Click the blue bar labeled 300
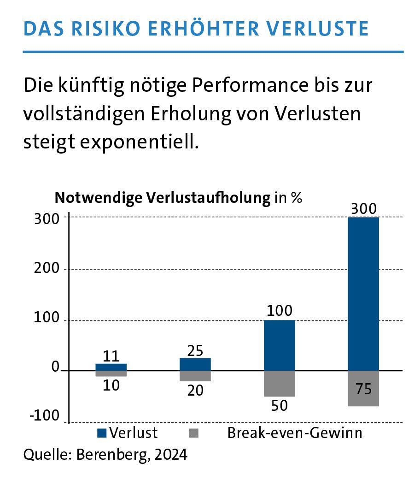click(x=363, y=293)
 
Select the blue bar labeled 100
click(x=279, y=345)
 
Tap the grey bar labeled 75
click(x=363, y=388)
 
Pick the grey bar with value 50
click(x=279, y=383)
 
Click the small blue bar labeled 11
click(x=111, y=367)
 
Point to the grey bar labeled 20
click(x=195, y=376)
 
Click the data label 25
click(x=195, y=350)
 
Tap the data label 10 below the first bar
click(x=111, y=385)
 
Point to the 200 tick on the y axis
click(x=47, y=269)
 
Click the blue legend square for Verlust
click(x=102, y=433)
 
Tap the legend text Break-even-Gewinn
click(x=295, y=433)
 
